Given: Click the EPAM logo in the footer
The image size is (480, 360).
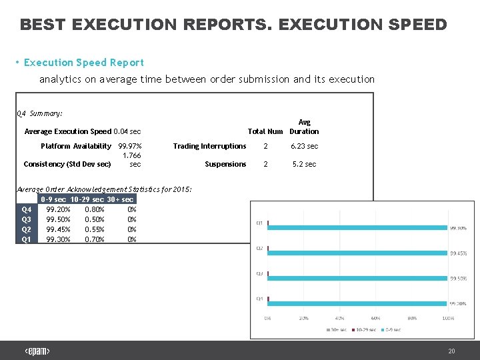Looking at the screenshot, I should click(37, 351).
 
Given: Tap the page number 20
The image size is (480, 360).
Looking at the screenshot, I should click(451, 351).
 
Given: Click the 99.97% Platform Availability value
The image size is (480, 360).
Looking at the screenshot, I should click(129, 146).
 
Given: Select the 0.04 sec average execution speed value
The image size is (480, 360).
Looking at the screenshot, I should click(127, 131).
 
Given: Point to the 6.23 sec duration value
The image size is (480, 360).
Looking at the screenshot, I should click(304, 146).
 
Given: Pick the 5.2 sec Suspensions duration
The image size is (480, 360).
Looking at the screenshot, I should click(304, 164).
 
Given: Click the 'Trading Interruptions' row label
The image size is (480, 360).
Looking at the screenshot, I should click(209, 146).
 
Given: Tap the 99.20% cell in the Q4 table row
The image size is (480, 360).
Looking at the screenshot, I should click(58, 209).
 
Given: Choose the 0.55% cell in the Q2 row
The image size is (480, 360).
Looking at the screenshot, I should click(95, 229).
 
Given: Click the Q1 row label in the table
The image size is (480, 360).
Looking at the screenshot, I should click(27, 239).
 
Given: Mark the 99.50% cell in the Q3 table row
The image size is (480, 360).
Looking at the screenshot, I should click(58, 219).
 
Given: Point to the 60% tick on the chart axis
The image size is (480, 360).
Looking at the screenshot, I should click(376, 318).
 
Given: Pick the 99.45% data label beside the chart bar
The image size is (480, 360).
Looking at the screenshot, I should click(458, 253).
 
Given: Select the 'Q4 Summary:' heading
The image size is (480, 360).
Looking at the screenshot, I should click(39, 113).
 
